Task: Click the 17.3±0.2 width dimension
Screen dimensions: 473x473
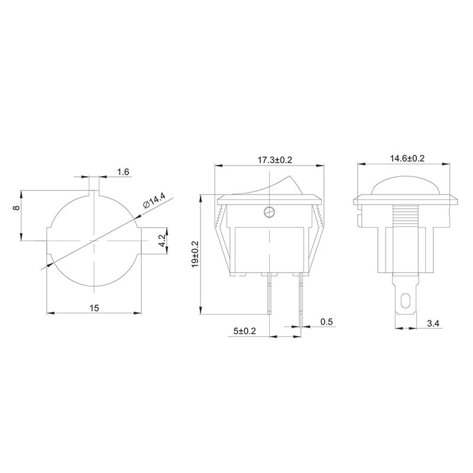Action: click(275, 160)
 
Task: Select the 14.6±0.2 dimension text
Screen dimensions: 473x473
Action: click(407, 158)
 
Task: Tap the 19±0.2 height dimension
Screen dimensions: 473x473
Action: click(195, 254)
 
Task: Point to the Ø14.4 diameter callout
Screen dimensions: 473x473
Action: click(155, 200)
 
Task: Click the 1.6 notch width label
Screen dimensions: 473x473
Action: click(123, 172)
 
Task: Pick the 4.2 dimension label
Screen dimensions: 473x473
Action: click(162, 241)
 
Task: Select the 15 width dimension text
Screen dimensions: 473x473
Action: click(94, 308)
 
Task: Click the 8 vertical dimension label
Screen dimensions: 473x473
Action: click(17, 208)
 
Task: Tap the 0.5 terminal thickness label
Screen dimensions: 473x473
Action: click(326, 322)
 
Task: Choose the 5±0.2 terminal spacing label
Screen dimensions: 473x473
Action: click(245, 331)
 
